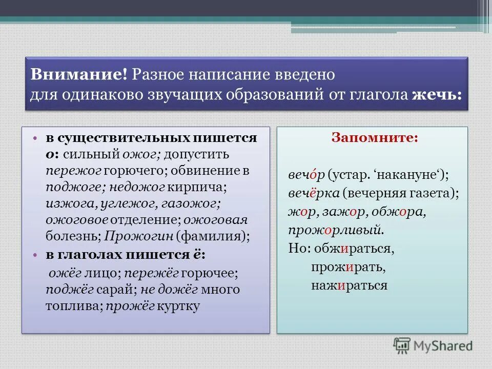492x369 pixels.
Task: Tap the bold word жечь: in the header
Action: coord(436,95)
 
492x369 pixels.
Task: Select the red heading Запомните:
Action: coord(375,138)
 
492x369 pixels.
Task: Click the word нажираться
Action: coord(348,285)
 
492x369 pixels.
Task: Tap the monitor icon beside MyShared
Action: coord(403,345)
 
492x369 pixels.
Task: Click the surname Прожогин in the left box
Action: coord(139,236)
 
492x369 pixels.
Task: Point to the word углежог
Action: coord(119,203)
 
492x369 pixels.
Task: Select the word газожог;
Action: coord(193,203)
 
